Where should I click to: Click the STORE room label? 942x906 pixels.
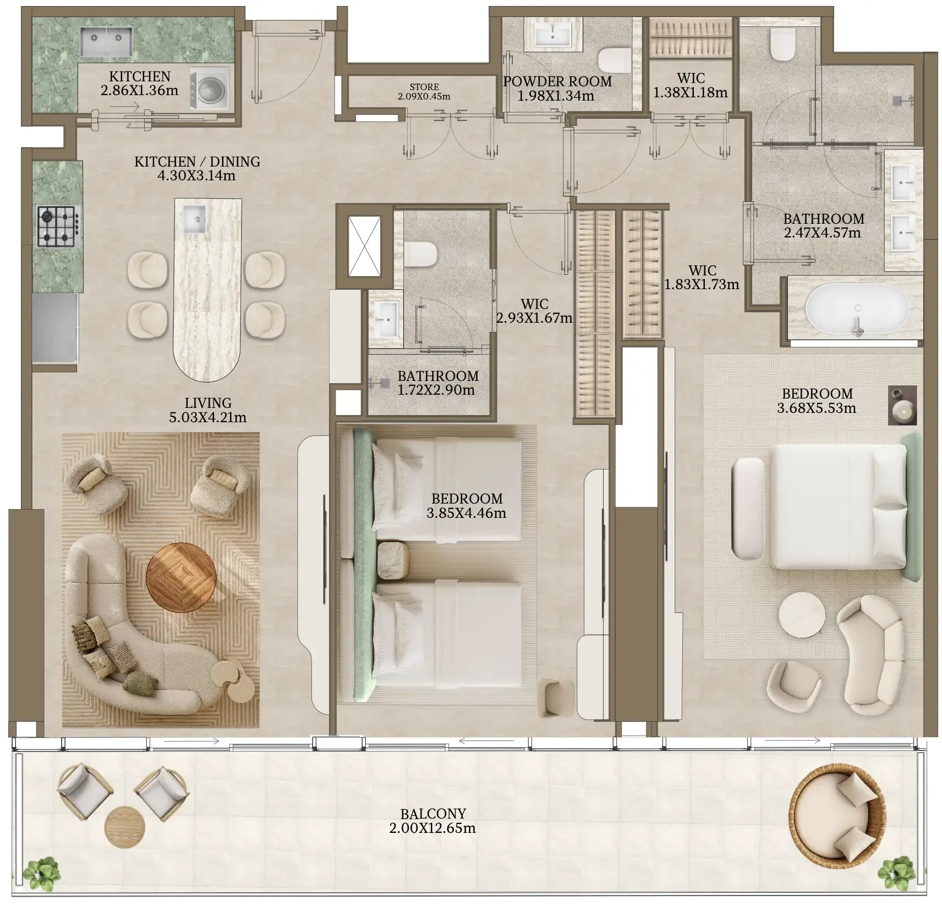click(x=424, y=87)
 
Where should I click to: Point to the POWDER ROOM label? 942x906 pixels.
click(x=557, y=81)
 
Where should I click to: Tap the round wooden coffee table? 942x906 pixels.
click(x=180, y=577)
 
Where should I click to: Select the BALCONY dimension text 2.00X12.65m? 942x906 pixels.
click(x=432, y=828)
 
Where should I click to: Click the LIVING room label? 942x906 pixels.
click(x=208, y=403)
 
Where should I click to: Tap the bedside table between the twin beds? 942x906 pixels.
click(x=393, y=560)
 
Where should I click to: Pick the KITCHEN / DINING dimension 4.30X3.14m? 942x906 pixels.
click(x=196, y=176)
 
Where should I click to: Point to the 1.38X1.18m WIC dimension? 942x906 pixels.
click(x=691, y=92)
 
